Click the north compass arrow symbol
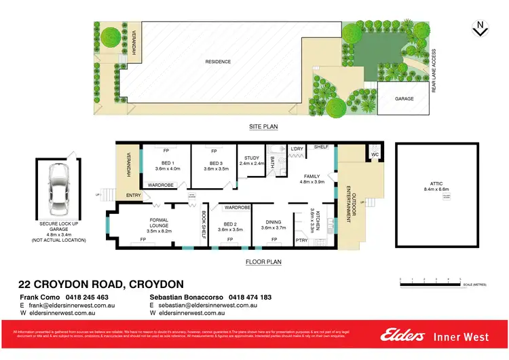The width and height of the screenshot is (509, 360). point(480,28)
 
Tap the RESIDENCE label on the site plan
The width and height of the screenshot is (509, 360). point(218,62)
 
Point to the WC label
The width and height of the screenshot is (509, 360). point(374,154)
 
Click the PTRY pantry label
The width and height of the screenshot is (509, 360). point(301,239)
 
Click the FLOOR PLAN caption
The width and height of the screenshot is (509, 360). point(264,261)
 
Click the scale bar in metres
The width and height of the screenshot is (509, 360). point(430,280)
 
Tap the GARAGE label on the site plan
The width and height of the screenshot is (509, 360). point(404,98)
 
